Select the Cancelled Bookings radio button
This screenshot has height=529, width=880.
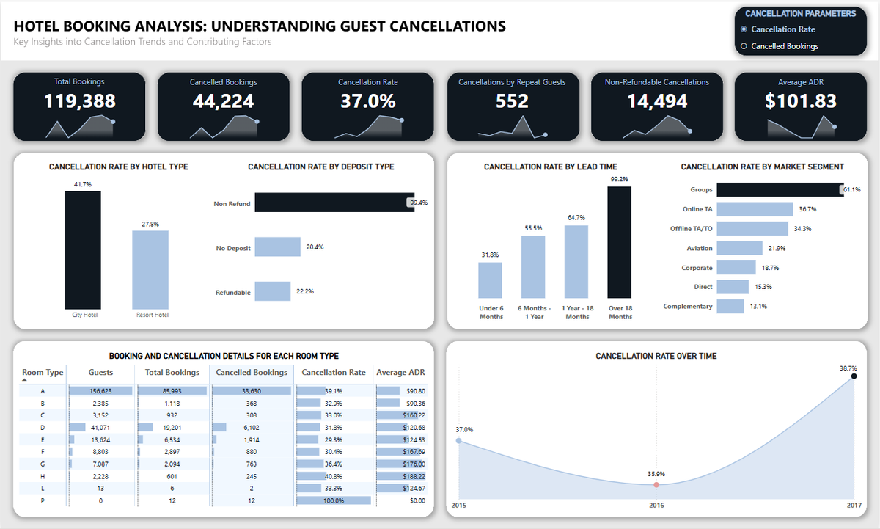coord(744,46)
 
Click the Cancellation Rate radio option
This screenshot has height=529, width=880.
coord(744,29)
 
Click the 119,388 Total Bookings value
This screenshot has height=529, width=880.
coord(79,101)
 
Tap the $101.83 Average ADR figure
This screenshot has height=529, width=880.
coord(801,101)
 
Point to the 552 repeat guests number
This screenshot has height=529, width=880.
coord(512,101)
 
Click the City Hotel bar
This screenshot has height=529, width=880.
coord(83,249)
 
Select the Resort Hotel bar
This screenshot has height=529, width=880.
coord(150,269)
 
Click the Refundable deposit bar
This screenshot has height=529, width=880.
coord(273,291)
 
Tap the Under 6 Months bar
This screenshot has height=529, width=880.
coord(490,280)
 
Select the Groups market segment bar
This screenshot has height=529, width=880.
coord(780,189)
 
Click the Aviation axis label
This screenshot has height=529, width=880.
coord(699,248)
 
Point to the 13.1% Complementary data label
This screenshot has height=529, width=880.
coord(758,306)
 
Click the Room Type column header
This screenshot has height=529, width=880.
coord(43,373)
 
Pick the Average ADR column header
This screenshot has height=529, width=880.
coord(401,373)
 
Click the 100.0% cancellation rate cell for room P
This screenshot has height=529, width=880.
coord(333,500)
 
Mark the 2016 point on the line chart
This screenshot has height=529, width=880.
coord(656,485)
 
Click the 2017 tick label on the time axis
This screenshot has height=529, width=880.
coord(853,506)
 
